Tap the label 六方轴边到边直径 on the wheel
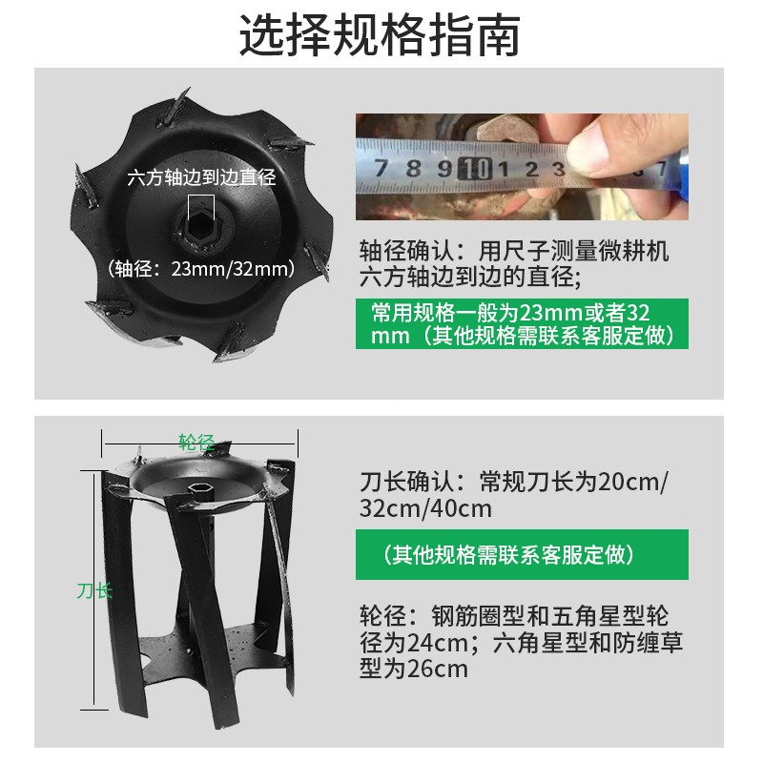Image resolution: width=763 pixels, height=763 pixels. click(x=201, y=176)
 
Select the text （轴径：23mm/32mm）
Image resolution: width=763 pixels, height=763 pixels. click(x=200, y=268)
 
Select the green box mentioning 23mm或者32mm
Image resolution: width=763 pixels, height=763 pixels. click(x=522, y=324)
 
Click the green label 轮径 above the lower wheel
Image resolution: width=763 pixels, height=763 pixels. click(x=196, y=442)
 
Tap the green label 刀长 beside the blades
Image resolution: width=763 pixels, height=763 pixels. click(x=94, y=590)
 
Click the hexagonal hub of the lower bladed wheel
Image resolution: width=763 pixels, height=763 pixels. click(x=201, y=489)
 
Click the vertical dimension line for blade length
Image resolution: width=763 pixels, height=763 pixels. click(x=93, y=649)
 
